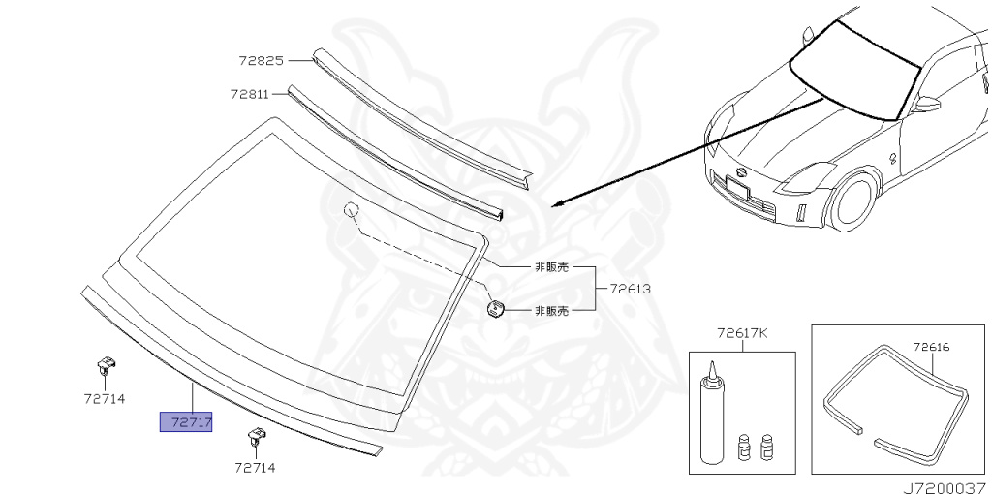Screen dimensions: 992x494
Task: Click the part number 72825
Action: pyautogui.click(x=261, y=60)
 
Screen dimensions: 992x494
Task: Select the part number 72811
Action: pyautogui.click(x=250, y=94)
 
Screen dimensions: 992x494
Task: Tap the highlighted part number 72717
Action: pyautogui.click(x=186, y=422)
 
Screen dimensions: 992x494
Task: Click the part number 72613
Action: pyautogui.click(x=630, y=289)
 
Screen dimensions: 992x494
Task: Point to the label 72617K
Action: pyautogui.click(x=742, y=333)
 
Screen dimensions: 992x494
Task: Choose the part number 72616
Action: pyautogui.click(x=932, y=345)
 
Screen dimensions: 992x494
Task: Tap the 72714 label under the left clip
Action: pyautogui.click(x=105, y=398)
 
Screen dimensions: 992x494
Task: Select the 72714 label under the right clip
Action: pyautogui.click(x=255, y=467)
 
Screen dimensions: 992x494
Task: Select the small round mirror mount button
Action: pyautogui.click(x=496, y=309)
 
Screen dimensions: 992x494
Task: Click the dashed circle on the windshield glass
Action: pyautogui.click(x=351, y=209)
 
